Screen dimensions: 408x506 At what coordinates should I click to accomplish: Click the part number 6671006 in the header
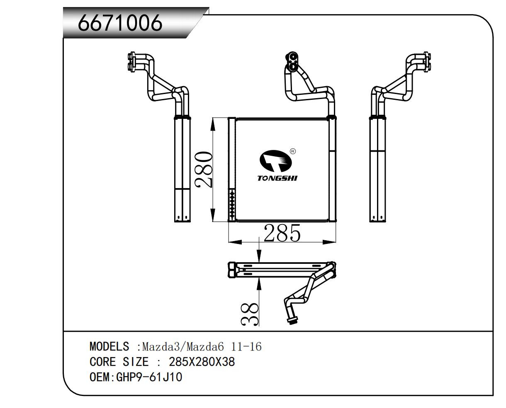tap(120, 23)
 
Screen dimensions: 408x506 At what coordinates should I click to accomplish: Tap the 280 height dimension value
tap(204, 170)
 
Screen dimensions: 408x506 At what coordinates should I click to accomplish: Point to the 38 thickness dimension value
tap(250, 314)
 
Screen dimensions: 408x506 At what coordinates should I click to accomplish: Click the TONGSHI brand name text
tap(277, 179)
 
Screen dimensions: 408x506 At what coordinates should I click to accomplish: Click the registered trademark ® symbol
tap(292, 151)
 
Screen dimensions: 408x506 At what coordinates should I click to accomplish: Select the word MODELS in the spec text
tap(109, 346)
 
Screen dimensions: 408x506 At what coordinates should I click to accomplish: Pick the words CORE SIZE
tap(119, 362)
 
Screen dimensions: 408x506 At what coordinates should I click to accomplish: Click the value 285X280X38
tap(202, 362)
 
